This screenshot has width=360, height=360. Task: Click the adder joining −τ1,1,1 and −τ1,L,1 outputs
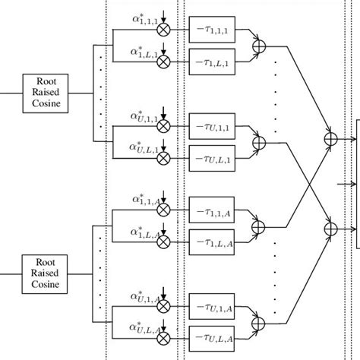click(261, 45)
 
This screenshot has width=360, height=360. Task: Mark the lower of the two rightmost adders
click(330, 227)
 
